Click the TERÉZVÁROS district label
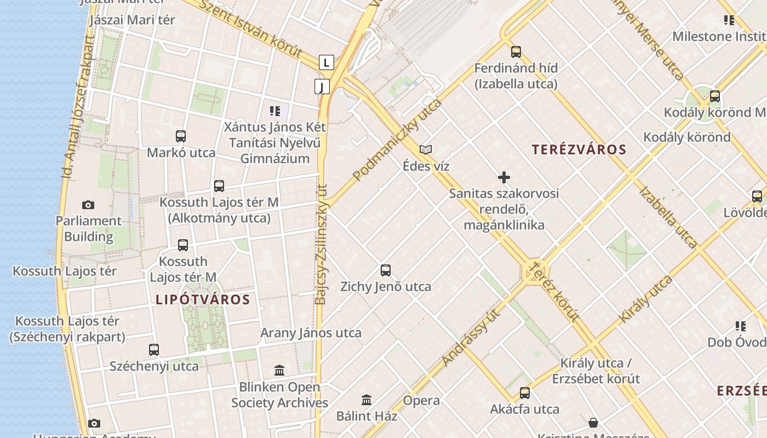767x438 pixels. pos(579,149)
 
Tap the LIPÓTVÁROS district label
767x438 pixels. pos(203,299)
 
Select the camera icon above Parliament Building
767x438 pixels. pos(88,205)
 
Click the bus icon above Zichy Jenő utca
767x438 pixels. pos(386,270)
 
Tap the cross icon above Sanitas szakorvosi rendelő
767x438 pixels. pos(504,177)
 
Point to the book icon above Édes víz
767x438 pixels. pos(426,149)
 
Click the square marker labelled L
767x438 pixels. pos(327,62)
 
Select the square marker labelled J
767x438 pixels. pos(322,86)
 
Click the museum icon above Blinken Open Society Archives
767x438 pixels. pos(279,371)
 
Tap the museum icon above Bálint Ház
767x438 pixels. pos(367,400)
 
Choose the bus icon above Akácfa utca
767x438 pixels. pos(525,393)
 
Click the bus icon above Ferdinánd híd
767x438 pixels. pos(516,52)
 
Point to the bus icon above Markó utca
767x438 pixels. pos(181,136)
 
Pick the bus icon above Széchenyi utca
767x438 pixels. pos(154,349)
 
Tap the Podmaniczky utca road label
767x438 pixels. pos(397,140)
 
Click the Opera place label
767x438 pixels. pos(421,400)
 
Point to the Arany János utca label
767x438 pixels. pos(311,333)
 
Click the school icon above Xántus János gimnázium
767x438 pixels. pos(275,111)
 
